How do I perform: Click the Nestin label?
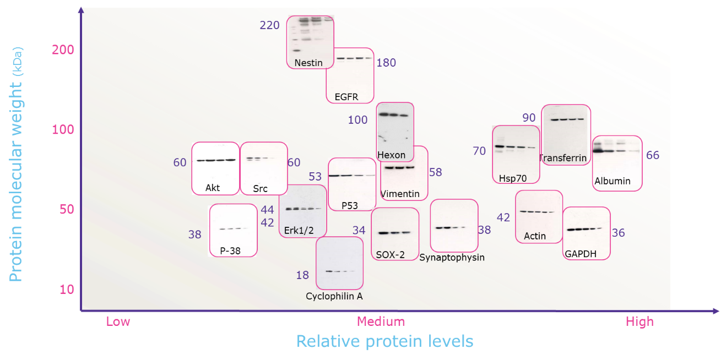click(x=308, y=63)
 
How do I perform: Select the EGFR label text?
click(x=346, y=97)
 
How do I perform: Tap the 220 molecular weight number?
click(x=269, y=25)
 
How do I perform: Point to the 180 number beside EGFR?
click(x=386, y=63)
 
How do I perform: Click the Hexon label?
click(x=391, y=155)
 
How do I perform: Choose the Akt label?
click(x=212, y=188)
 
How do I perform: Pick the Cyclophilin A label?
click(x=334, y=296)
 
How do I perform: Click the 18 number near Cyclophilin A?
click(x=302, y=275)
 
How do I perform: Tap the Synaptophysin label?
click(x=452, y=258)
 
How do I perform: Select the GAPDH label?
click(x=581, y=254)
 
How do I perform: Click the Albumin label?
click(x=612, y=181)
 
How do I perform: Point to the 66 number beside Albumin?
click(x=652, y=155)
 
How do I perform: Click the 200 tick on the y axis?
click(x=63, y=50)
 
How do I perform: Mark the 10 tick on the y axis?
click(x=67, y=289)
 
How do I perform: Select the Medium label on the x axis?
click(x=381, y=321)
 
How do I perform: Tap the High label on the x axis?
click(x=640, y=321)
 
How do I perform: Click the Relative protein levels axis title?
click(x=384, y=341)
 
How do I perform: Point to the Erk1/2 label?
click(x=299, y=230)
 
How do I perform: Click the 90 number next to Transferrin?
click(x=529, y=117)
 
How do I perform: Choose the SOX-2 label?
click(x=390, y=255)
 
